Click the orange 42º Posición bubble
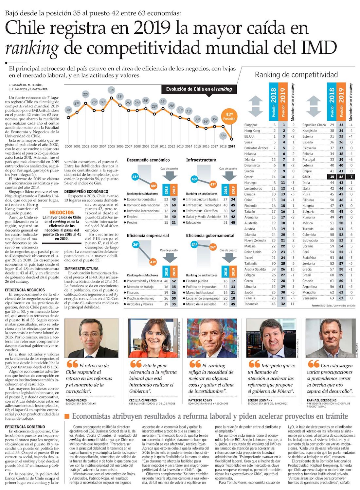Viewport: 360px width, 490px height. (x=229, y=116)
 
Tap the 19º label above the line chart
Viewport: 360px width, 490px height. (x=112, y=90)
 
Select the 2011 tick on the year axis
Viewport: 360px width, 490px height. (x=163, y=147)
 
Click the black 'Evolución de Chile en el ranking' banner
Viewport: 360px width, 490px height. (x=199, y=89)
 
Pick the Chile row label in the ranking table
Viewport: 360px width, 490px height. (x=306, y=177)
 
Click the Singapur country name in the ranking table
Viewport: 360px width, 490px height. (x=251, y=125)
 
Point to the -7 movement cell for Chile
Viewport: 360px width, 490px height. (x=351, y=177)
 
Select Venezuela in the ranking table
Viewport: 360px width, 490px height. (x=310, y=298)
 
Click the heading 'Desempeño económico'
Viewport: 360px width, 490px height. (x=148, y=160)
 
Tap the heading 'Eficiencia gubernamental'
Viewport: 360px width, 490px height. (x=210, y=236)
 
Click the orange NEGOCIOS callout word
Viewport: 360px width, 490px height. (x=62, y=213)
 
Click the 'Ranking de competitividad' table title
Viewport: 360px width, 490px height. (x=296, y=75)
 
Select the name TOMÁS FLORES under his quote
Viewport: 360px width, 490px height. (x=76, y=400)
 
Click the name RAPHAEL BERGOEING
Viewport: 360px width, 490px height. (x=321, y=400)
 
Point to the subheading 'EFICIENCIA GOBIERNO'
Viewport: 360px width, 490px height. (x=25, y=427)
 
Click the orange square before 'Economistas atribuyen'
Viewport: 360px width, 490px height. (x=67, y=416)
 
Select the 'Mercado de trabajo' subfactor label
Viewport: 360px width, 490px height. (x=140, y=287)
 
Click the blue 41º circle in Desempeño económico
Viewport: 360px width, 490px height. (x=135, y=177)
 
